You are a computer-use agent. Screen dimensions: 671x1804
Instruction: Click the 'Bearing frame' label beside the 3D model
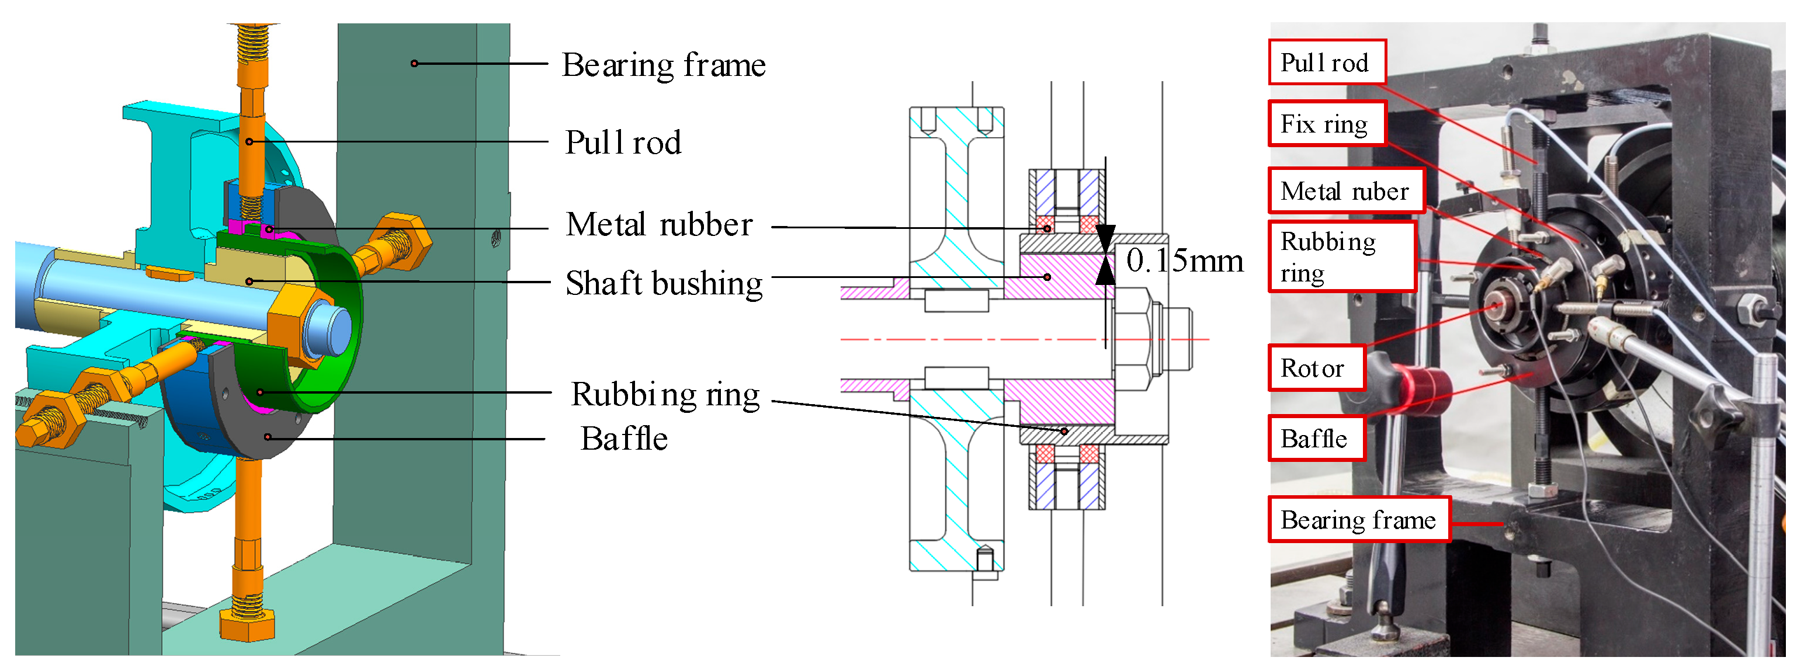coord(663,65)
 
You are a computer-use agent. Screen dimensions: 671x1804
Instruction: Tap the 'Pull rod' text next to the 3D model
coord(623,143)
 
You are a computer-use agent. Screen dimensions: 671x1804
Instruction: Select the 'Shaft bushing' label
coord(663,284)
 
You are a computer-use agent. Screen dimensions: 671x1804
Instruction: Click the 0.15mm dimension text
coord(1184,260)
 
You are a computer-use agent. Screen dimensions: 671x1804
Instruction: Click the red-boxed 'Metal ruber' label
coord(1345,191)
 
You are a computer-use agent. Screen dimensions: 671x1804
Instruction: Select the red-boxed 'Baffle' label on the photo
coord(1315,439)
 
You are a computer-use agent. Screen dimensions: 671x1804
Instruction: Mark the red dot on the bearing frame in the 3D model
coord(414,64)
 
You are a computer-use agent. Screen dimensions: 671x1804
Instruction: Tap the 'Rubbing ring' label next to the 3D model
coord(665,395)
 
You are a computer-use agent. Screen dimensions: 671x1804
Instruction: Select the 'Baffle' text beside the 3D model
coord(623,439)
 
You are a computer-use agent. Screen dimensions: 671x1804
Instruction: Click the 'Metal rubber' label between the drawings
coord(659,225)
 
